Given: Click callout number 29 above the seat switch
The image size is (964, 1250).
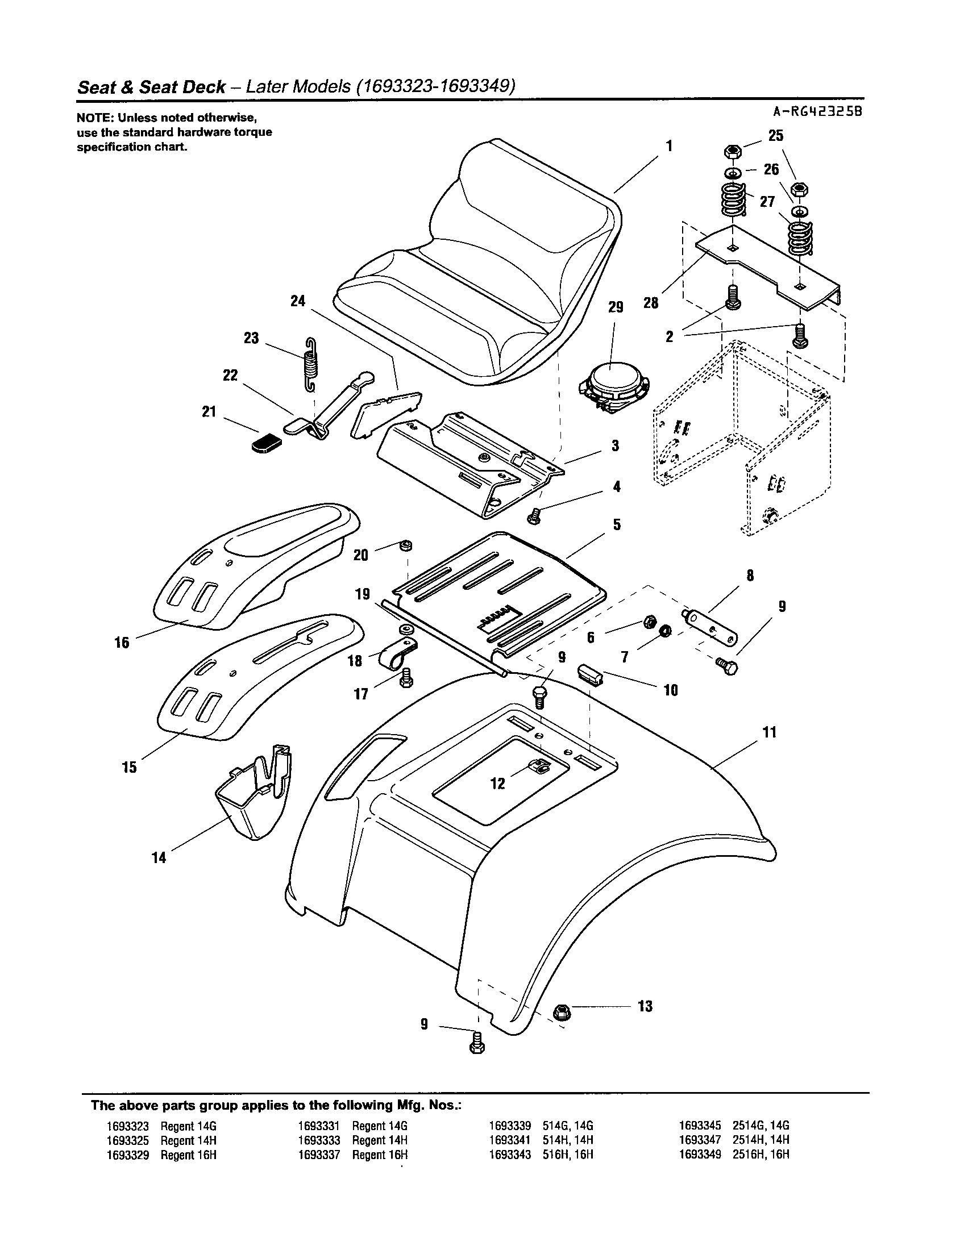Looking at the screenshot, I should pos(616,307).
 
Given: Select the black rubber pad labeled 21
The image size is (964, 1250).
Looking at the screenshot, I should pos(267,443).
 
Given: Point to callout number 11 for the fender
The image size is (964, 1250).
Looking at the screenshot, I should pos(770,732).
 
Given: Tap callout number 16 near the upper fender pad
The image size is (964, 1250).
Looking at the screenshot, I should pos(122,643).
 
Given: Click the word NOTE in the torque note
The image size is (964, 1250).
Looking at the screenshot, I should pos(90,119).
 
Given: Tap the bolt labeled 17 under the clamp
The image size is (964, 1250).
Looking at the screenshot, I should pos(406,680).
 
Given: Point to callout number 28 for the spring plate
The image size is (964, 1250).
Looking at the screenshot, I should pos(651,303).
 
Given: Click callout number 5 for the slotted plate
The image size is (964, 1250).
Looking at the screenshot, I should pos(617,524).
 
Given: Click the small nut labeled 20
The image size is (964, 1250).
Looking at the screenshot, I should pos(406,545).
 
